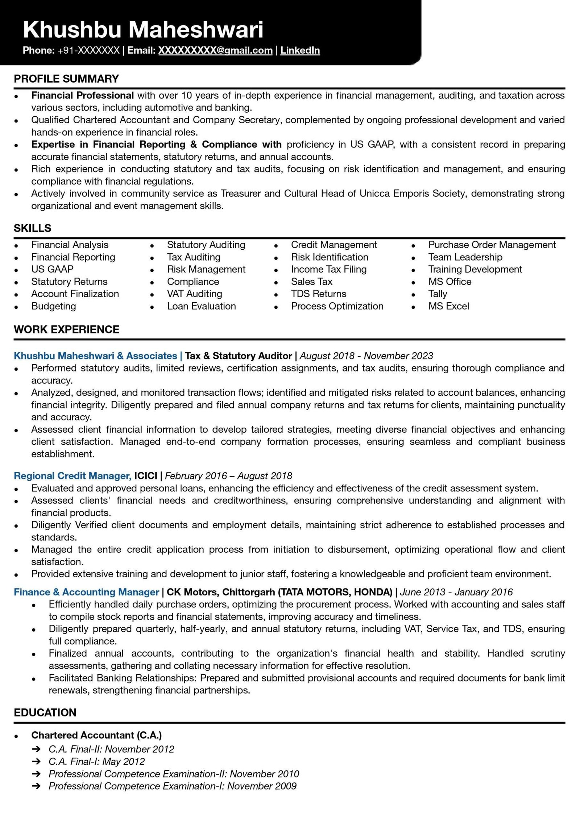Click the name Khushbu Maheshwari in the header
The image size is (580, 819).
(x=143, y=29)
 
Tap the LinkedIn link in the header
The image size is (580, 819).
(x=300, y=50)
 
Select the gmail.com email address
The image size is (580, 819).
(x=215, y=50)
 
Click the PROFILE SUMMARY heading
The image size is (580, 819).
(x=66, y=79)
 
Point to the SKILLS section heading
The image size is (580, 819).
(x=33, y=228)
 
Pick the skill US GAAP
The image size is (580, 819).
(x=52, y=269)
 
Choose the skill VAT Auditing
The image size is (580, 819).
(x=194, y=294)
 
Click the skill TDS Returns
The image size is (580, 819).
(x=318, y=294)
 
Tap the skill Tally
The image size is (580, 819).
(x=438, y=294)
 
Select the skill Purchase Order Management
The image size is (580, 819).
(x=492, y=245)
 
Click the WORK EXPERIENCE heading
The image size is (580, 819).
(x=66, y=329)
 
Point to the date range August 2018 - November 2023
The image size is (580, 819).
(x=366, y=356)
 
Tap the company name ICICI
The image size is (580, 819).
(x=146, y=475)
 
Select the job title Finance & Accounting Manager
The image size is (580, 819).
(x=86, y=592)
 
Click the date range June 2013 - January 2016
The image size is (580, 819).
(x=456, y=592)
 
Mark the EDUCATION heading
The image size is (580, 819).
(x=45, y=712)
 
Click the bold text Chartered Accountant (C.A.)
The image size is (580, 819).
(x=96, y=735)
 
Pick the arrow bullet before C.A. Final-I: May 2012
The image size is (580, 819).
(x=36, y=761)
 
